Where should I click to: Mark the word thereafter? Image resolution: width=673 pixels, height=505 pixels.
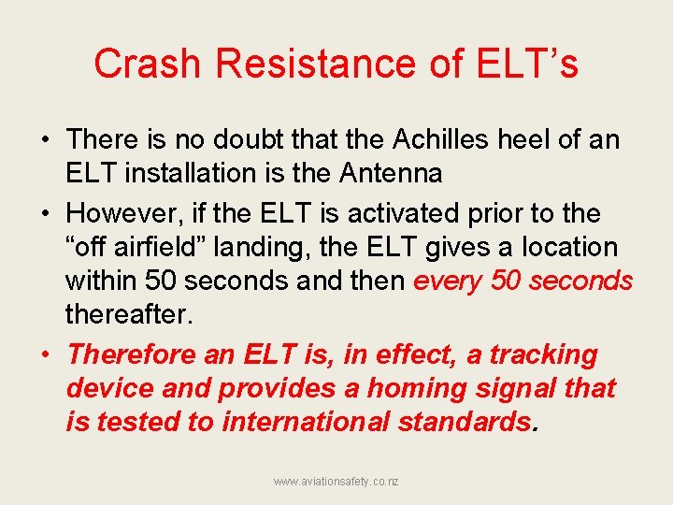(128, 313)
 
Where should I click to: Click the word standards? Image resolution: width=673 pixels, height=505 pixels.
(464, 422)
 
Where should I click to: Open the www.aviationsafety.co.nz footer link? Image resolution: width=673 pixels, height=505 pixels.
(336, 481)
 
